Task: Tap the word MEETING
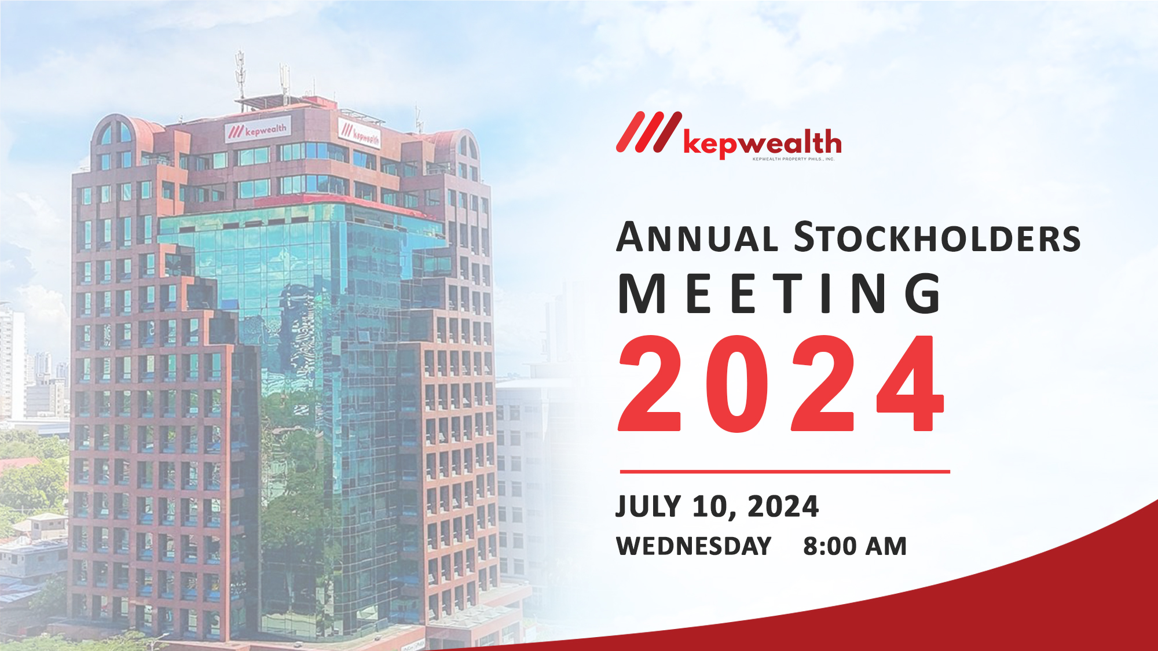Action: pyautogui.click(x=780, y=293)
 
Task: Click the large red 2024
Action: pyautogui.click(x=782, y=383)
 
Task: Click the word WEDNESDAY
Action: pyautogui.click(x=694, y=546)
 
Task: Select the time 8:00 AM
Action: pyautogui.click(x=855, y=546)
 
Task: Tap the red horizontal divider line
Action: pyautogui.click(x=785, y=472)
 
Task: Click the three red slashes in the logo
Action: pyautogui.click(x=648, y=132)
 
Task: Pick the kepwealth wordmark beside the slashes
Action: pyautogui.click(x=763, y=143)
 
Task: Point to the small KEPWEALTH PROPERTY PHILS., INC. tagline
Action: pyautogui.click(x=793, y=159)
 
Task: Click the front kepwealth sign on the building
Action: pyautogui.click(x=258, y=130)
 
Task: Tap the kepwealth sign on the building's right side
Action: pyautogui.click(x=360, y=134)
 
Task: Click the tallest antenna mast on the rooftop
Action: pyautogui.click(x=240, y=75)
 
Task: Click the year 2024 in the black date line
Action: pyautogui.click(x=783, y=507)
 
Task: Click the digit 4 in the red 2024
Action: pyautogui.click(x=911, y=383)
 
